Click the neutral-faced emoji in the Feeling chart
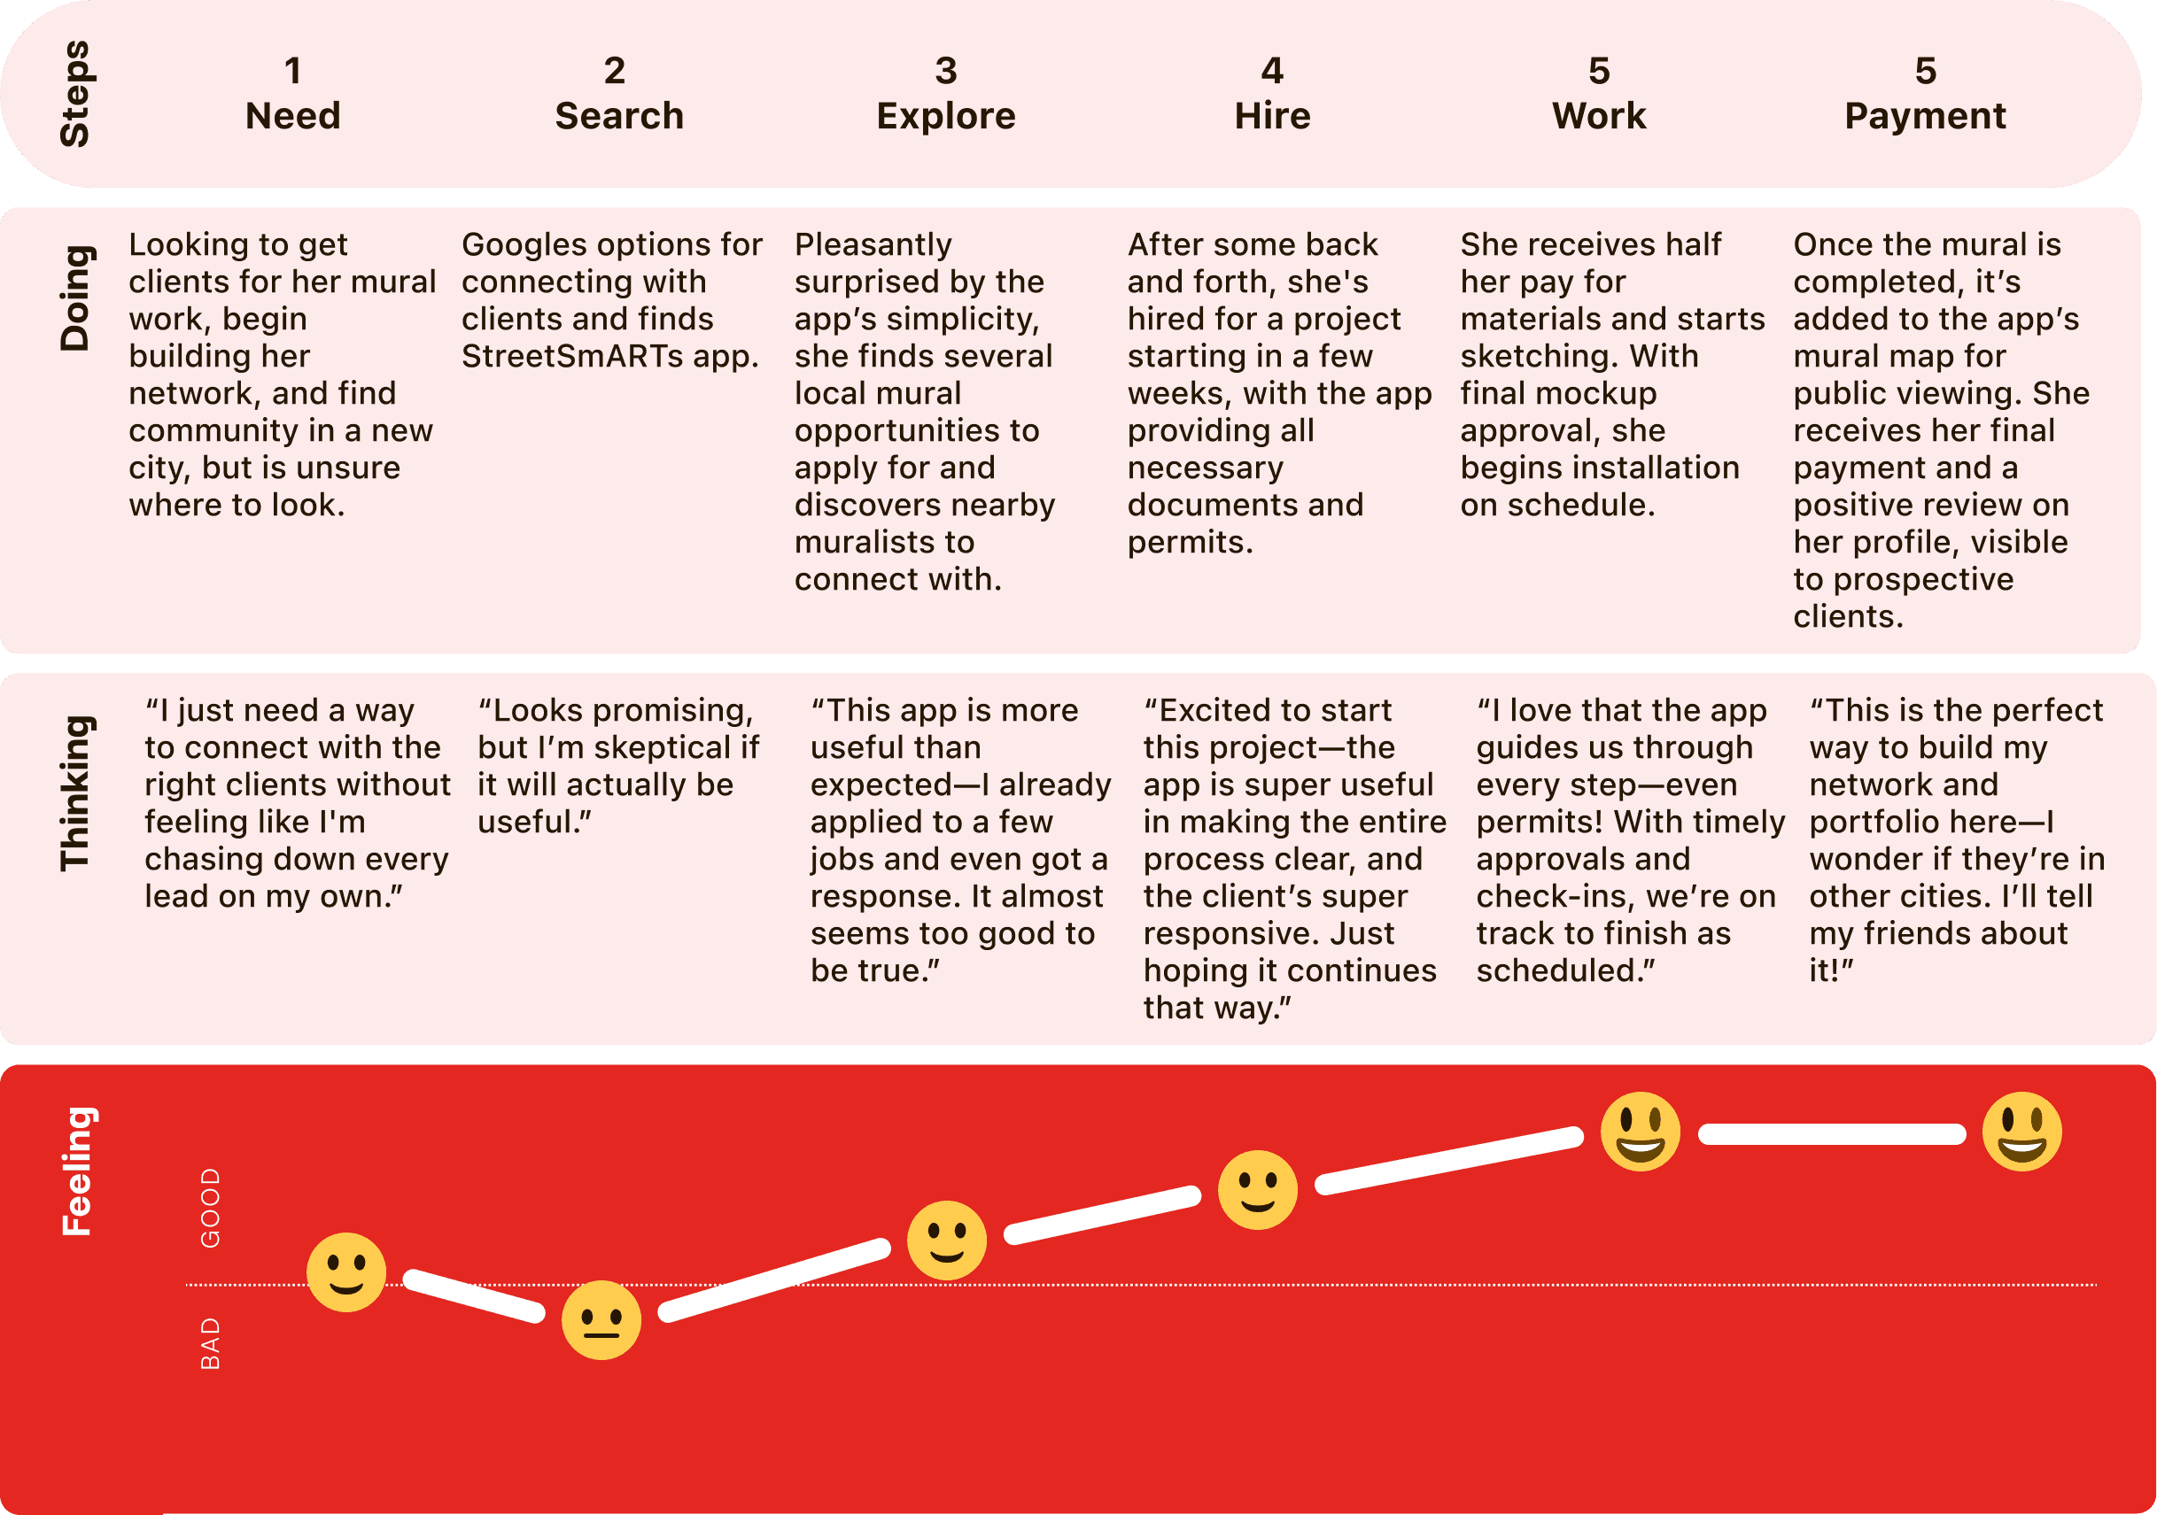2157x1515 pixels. tap(601, 1319)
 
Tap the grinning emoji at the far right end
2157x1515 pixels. tap(2021, 1131)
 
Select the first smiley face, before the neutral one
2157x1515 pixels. tap(346, 1272)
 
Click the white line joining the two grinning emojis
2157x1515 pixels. tap(1832, 1133)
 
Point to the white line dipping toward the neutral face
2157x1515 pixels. tap(475, 1295)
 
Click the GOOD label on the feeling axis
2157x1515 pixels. tap(211, 1208)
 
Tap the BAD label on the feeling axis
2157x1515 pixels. tap(211, 1343)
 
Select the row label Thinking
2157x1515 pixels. tap(76, 793)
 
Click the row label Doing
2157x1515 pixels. tap(76, 298)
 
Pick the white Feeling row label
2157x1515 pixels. tap(76, 1171)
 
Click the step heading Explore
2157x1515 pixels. tap(946, 115)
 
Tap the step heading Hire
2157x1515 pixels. tap(1272, 115)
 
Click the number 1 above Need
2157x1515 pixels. tap(293, 71)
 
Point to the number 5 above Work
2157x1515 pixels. tap(1599, 71)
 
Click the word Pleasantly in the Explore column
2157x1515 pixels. tap(873, 246)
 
